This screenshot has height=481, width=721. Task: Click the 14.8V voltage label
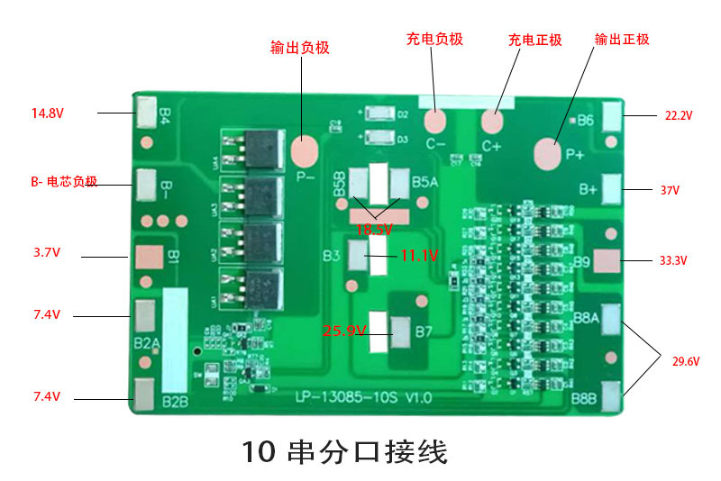47,113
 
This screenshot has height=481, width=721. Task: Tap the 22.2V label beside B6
678,116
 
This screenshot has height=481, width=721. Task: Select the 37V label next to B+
670,191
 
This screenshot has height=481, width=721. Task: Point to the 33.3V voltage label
672,261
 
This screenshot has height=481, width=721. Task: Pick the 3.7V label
47,253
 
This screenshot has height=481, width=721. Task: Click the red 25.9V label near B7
344,331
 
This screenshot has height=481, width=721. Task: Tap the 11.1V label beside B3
419,257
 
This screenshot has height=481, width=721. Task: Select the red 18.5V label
374,230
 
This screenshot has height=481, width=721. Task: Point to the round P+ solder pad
548,154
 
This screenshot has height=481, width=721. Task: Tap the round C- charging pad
436,121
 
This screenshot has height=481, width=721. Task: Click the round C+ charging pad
492,121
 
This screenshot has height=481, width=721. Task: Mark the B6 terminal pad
612,115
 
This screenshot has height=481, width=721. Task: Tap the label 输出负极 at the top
299,48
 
